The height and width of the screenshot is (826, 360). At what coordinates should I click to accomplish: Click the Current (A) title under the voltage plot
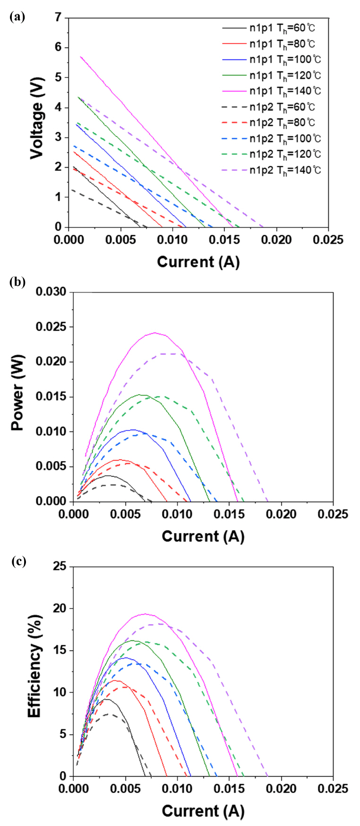pos(198,262)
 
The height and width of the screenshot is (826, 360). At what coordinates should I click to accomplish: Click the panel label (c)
pos(18,561)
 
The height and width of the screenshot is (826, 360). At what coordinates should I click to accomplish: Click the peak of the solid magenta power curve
pos(154,333)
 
